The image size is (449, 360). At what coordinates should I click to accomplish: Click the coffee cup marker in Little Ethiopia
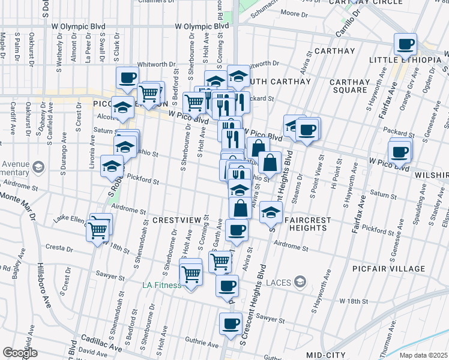(x=405, y=44)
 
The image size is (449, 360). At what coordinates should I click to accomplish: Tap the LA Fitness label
(x=161, y=285)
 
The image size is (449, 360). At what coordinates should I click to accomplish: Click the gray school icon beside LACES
(x=301, y=282)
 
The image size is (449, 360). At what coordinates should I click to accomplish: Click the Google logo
(x=20, y=353)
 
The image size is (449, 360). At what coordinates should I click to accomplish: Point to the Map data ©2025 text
(x=423, y=355)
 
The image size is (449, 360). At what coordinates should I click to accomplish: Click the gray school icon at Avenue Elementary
(x=39, y=166)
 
